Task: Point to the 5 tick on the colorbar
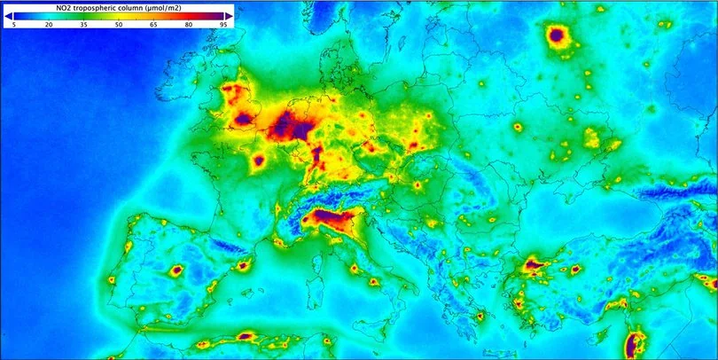coord(14,27)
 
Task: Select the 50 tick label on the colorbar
coord(119,27)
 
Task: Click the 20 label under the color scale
coord(49,27)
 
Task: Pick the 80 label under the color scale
coord(189,27)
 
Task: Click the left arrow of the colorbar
coord(8,16)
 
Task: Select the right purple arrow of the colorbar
coord(230,16)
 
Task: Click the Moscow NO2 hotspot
coord(557,36)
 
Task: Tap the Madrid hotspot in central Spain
coord(176,270)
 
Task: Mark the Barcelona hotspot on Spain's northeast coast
coord(240,264)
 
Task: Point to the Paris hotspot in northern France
coord(259,160)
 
